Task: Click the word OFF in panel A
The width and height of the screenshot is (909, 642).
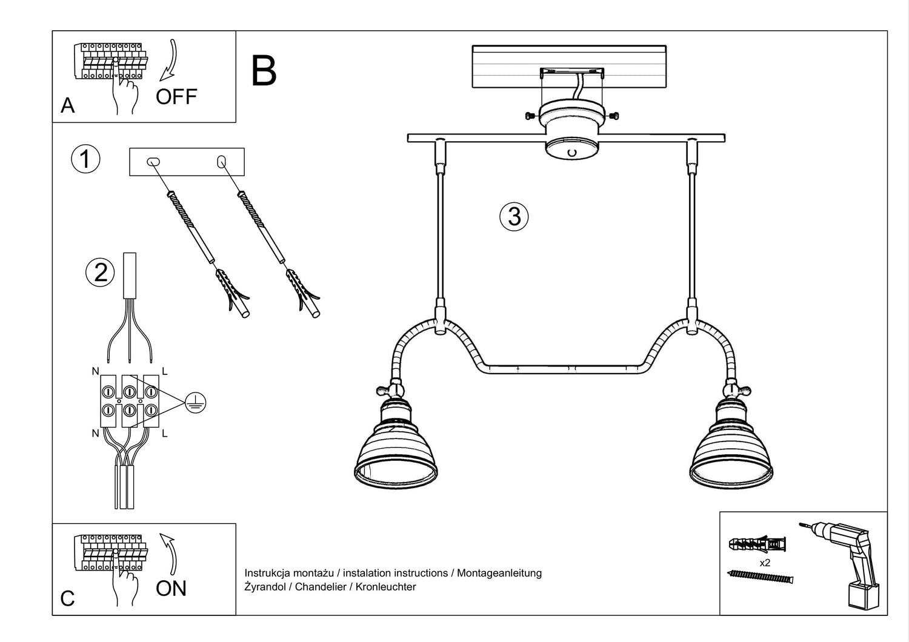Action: [176, 96]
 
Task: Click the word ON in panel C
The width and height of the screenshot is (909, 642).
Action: [171, 588]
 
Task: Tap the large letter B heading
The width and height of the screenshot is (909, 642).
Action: [264, 71]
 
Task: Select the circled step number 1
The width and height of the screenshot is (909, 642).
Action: [85, 159]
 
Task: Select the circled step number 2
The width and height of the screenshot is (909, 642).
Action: [101, 272]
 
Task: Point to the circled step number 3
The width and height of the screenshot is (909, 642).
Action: [514, 216]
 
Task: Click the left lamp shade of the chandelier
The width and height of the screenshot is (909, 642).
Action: [396, 451]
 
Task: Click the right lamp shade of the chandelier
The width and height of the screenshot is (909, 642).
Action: [731, 451]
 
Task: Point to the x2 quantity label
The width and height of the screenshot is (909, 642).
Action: [765, 563]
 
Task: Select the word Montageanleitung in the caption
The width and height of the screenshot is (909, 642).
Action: [499, 573]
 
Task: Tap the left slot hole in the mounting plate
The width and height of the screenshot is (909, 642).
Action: [153, 162]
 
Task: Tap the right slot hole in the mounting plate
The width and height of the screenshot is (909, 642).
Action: [221, 162]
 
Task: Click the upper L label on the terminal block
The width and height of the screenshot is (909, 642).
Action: [165, 371]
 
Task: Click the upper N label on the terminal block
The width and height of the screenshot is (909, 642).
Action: [95, 371]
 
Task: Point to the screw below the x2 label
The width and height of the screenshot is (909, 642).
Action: [760, 577]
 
